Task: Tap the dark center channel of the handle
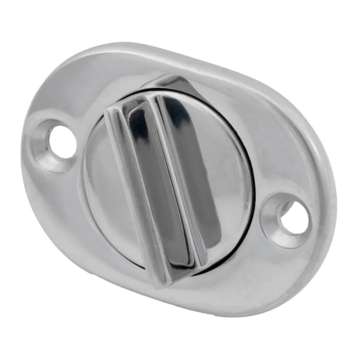pos(158,180)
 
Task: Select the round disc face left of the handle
pos(97,180)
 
